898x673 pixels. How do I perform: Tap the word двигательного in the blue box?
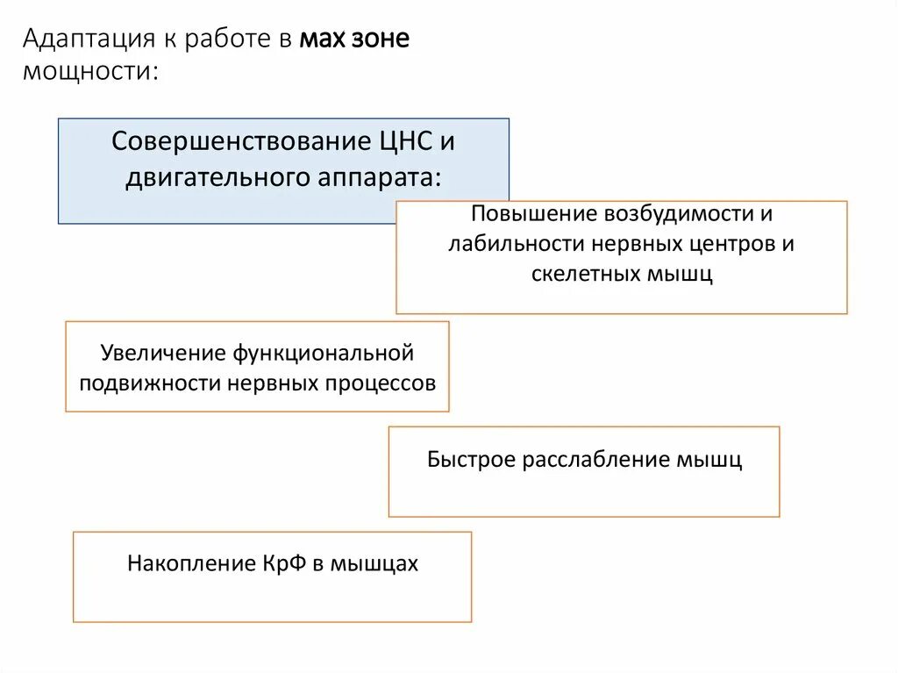click(215, 177)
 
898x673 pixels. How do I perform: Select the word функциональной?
click(322, 353)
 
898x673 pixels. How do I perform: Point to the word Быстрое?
click(472, 460)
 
